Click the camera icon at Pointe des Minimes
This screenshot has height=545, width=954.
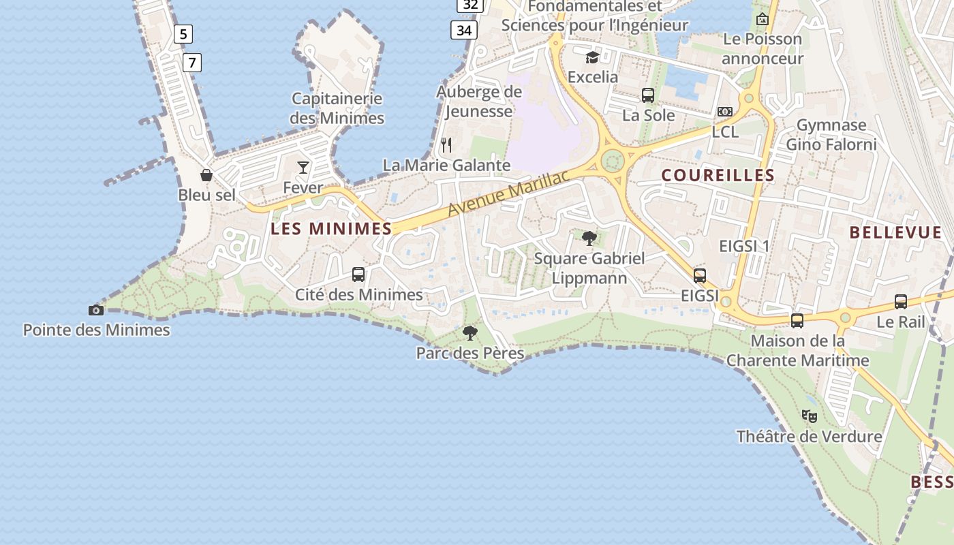96,311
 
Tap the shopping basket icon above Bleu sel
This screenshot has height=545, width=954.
206,175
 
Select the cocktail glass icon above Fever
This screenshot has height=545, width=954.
303,167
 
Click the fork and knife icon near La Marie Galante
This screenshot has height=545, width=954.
446,145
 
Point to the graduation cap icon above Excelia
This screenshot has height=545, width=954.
592,57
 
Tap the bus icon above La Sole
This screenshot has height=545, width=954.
648,95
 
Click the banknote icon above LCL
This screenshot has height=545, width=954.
725,112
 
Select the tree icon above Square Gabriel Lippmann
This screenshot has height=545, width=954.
589,238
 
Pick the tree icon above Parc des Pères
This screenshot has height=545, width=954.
470,333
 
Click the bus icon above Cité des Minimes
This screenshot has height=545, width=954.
358,275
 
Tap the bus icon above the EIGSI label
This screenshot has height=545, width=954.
700,276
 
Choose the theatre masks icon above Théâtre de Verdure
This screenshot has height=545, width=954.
809,416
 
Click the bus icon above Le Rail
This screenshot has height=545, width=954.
901,302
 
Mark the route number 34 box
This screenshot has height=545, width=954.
464,30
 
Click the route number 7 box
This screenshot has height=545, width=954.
192,63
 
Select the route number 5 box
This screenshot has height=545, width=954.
183,33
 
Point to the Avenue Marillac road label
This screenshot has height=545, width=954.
508,194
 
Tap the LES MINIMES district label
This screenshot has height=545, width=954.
331,229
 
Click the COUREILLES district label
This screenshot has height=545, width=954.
718,175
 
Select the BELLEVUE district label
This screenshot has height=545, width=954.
895,232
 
